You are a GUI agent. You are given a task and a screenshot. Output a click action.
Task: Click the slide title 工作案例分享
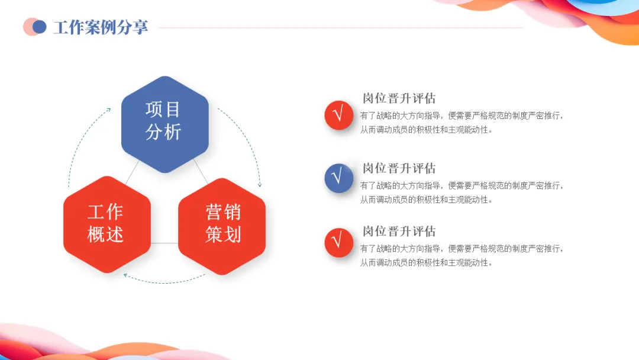pos(101,27)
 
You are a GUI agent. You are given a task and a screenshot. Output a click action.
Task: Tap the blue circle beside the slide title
pos(40,27)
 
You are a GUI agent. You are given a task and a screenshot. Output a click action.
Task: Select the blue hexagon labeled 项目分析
pos(164,124)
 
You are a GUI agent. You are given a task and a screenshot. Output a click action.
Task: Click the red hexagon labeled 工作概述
pos(106,224)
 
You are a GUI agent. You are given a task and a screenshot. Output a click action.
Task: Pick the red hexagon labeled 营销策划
pos(222,224)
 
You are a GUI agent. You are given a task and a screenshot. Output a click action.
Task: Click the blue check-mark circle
pos(338,178)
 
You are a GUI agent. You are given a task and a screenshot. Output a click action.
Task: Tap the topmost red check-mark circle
pos(338,114)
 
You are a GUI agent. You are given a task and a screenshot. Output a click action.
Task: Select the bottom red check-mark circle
pos(338,241)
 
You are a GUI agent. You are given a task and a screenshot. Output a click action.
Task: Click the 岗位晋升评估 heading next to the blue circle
pos(399,168)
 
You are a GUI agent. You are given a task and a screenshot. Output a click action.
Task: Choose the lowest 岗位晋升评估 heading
pos(399,231)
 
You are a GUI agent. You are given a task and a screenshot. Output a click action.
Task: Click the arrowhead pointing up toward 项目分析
pos(108,110)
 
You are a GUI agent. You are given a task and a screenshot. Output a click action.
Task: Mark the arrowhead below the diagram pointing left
pos(125,275)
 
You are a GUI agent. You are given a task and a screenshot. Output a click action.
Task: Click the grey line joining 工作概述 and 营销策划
pos(164,243)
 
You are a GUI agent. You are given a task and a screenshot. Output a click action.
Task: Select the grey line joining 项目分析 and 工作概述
pos(131,172)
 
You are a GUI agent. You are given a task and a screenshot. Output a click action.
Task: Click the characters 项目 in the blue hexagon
pos(163,110)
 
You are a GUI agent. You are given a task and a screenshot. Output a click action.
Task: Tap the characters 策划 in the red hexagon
pos(223,234)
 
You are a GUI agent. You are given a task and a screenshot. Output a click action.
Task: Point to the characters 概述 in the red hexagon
pos(106,234)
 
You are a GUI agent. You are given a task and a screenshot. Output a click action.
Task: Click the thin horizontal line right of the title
pos(340,27)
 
